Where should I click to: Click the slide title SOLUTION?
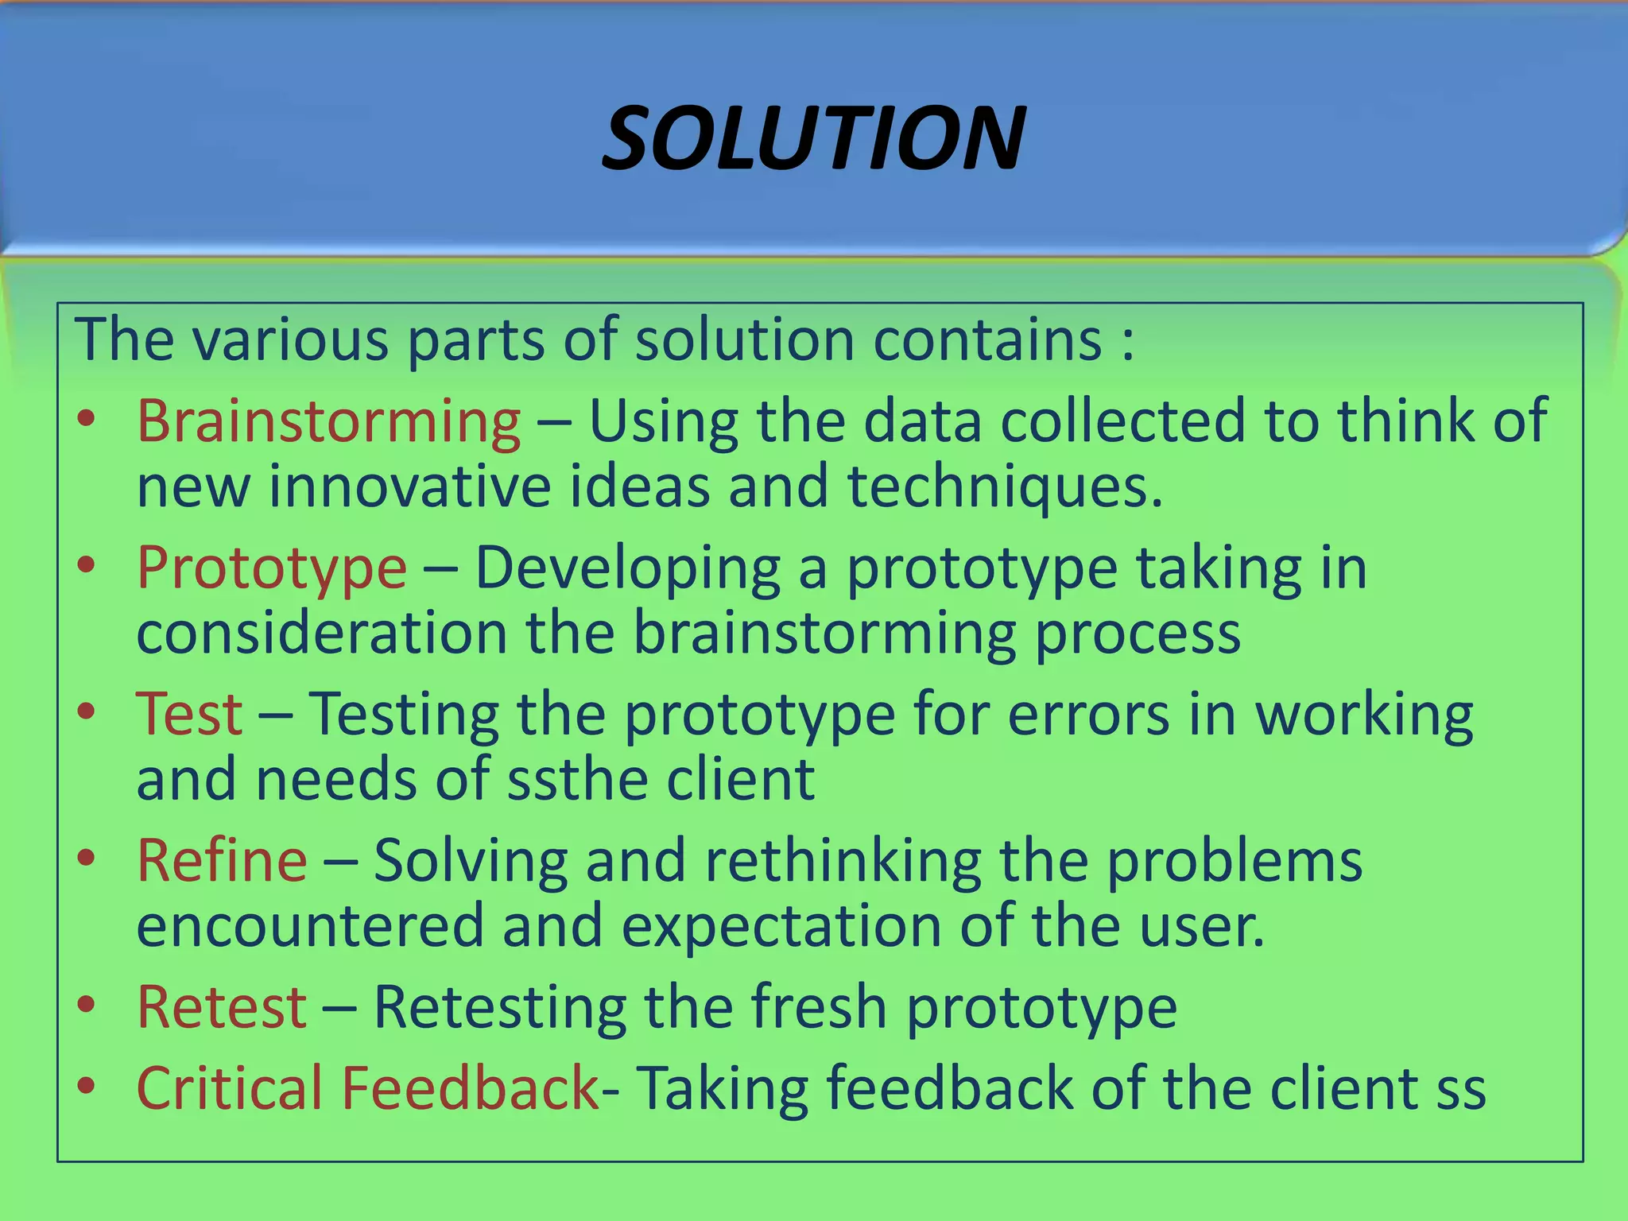[x=813, y=140]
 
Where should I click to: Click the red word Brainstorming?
[x=329, y=421]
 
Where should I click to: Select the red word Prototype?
[x=272, y=569]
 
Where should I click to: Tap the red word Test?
[x=189, y=714]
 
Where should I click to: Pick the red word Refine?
[x=222, y=861]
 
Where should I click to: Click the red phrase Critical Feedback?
[x=367, y=1088]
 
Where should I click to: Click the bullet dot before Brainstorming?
[x=87, y=418]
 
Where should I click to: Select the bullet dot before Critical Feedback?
[x=87, y=1085]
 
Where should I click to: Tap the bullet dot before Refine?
[x=87, y=859]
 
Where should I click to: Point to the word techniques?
[x=1004, y=487]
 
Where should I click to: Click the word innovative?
[x=409, y=486]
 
